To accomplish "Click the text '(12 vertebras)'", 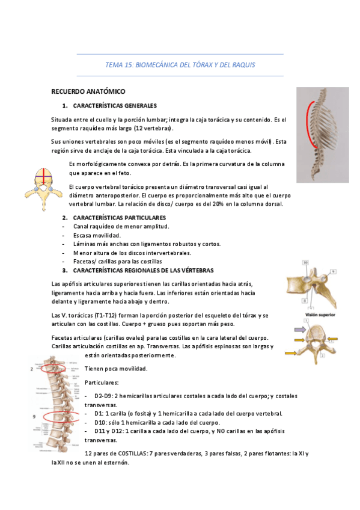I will [154, 129].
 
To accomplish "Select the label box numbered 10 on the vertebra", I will [305, 262].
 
